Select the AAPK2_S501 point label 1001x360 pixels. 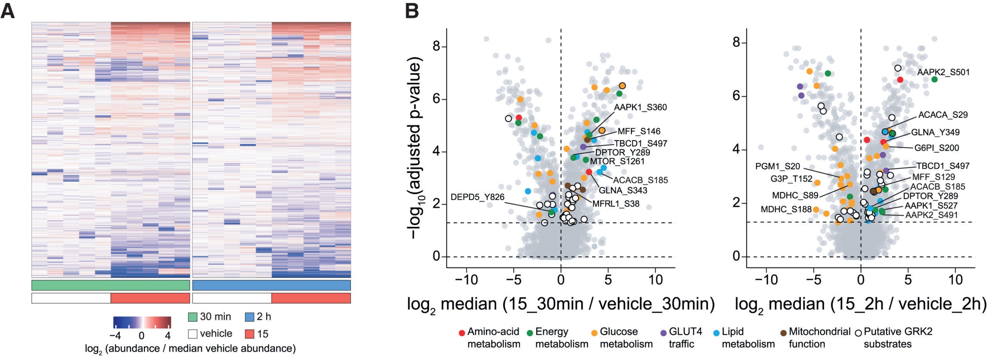[943, 72]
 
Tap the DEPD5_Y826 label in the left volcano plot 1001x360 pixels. [477, 197]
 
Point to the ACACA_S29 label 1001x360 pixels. [943, 115]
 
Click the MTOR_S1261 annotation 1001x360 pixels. [617, 161]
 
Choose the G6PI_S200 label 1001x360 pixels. [936, 148]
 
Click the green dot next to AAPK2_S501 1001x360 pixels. [934, 79]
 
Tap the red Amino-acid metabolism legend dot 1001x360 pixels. [461, 333]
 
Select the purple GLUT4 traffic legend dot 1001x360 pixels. [663, 333]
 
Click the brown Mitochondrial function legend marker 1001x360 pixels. [783, 333]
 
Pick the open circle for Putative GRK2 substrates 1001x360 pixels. [858, 333]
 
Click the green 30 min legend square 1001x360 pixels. [192, 317]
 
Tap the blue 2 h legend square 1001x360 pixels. [250, 317]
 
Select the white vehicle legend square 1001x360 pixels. [192, 334]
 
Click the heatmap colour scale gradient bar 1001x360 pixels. [142, 322]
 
